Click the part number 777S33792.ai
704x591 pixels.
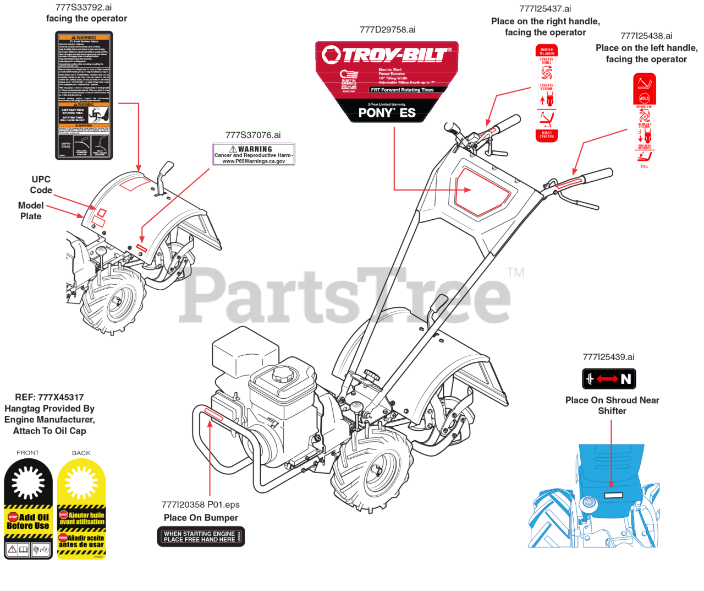pos(84,8)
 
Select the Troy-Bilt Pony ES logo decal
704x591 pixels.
pos(387,81)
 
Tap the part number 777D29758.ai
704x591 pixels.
pos(387,30)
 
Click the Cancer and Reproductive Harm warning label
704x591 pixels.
pos(254,154)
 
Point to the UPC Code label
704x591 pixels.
pos(41,185)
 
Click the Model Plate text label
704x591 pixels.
pos(31,210)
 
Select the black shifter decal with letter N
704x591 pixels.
pos(609,379)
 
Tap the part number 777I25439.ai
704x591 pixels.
pos(608,357)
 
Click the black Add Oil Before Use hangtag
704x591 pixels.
pos(28,508)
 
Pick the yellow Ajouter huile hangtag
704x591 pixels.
pos(81,508)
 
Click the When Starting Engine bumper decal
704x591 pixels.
pos(201,536)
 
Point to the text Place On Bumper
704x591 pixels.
pos(201,518)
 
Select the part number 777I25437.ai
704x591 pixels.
pos(545,9)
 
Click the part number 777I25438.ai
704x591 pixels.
pos(646,36)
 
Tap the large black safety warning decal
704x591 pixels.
pos(84,95)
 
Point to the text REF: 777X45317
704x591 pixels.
pos(50,397)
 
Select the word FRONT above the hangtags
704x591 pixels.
pos(28,453)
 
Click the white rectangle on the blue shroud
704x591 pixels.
pos(613,495)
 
